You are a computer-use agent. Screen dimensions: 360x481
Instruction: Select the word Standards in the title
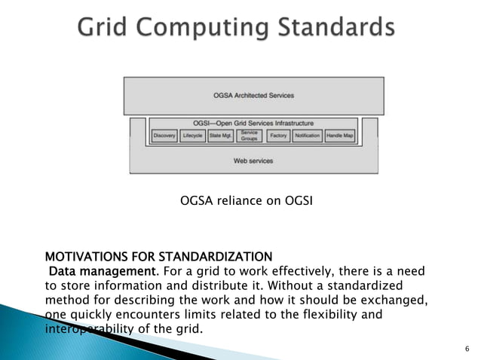pyautogui.click(x=335, y=28)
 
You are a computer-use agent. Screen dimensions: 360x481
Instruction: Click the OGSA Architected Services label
pyautogui.click(x=253, y=96)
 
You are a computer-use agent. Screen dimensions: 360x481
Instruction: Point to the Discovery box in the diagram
pyautogui.click(x=164, y=136)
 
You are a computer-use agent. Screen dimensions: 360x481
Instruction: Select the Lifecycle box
pyautogui.click(x=193, y=136)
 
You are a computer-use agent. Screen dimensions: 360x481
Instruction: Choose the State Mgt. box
pyautogui.click(x=221, y=136)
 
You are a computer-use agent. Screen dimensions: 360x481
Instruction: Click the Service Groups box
pyautogui.click(x=249, y=136)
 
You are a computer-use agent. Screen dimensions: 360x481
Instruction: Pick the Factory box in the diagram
pyautogui.click(x=278, y=136)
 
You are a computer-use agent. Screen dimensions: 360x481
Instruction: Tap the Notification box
pyautogui.click(x=307, y=136)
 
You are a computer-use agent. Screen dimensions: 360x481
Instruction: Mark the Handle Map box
pyautogui.click(x=339, y=136)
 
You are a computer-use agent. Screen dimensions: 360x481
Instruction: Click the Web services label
pyautogui.click(x=253, y=160)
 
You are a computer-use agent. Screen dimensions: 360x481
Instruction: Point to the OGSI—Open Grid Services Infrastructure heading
pyautogui.click(x=253, y=123)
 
